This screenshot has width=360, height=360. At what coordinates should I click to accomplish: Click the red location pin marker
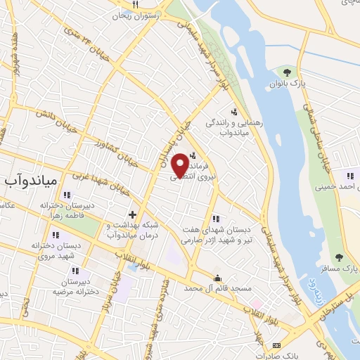pyautogui.click(x=180, y=164)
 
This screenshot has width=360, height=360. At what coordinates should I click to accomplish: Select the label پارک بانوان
pyautogui.click(x=286, y=84)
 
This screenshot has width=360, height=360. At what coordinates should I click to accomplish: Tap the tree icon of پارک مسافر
pyautogui.click(x=340, y=257)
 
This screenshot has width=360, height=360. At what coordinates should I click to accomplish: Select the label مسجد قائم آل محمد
pyautogui.click(x=217, y=288)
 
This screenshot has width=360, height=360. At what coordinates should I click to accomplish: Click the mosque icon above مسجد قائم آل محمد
pyautogui.click(x=217, y=277)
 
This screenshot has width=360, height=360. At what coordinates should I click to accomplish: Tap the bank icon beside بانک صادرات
pyautogui.click(x=276, y=345)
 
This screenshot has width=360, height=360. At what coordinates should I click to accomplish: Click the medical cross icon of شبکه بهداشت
pyautogui.click(x=132, y=213)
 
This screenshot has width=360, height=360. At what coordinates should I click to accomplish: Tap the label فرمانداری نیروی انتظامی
pyautogui.click(x=197, y=167)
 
